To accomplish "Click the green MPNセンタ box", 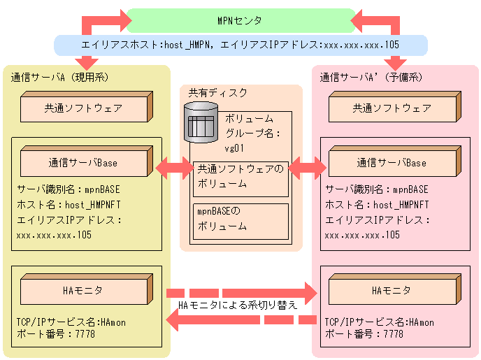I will click(x=241, y=20).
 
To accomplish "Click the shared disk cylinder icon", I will click(x=201, y=123).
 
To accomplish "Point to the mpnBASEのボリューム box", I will click(x=240, y=218).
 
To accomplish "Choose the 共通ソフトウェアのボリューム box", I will click(x=240, y=177).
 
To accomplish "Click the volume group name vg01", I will click(x=234, y=148).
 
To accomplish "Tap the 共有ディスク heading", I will click(x=218, y=93).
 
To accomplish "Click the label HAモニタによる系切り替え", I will click(x=238, y=305).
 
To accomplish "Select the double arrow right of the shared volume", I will click(x=307, y=167).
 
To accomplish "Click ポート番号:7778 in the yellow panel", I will click(x=56, y=334).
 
